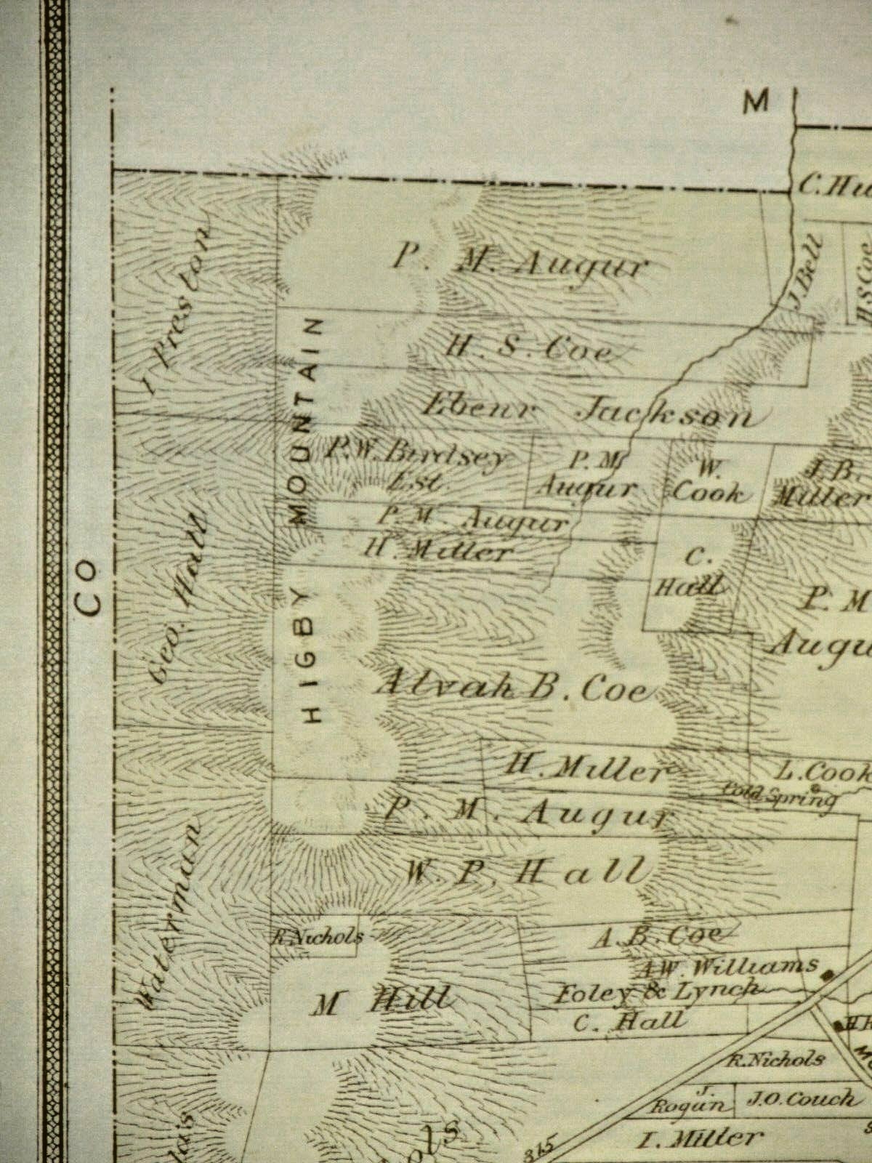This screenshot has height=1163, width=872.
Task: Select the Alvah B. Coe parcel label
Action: [512, 686]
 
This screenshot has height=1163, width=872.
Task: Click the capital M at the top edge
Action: [756, 103]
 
